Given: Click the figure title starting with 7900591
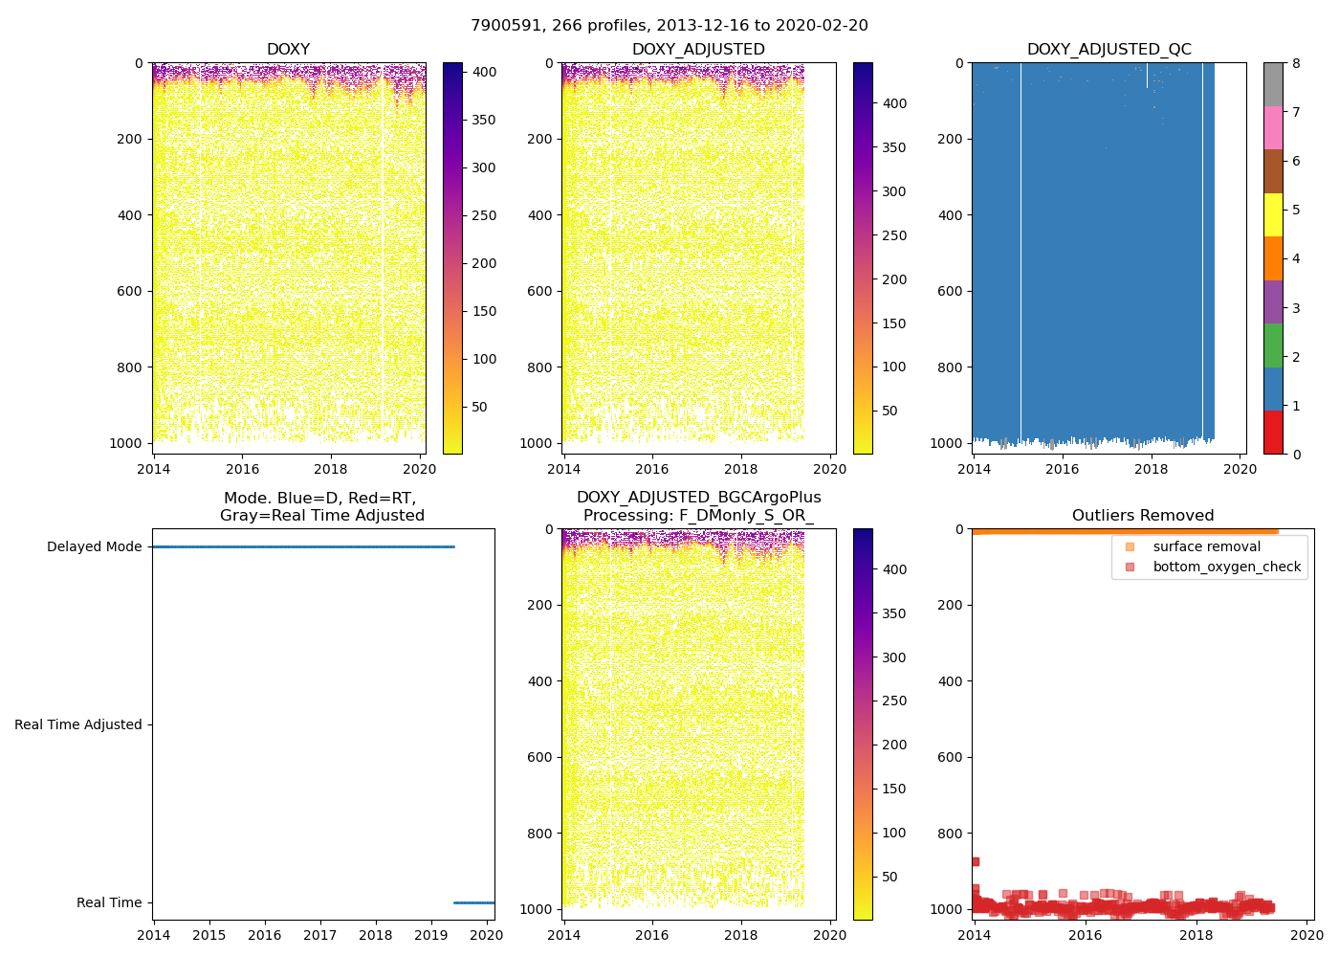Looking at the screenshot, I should [x=669, y=26].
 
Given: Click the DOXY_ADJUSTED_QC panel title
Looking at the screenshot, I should [x=1109, y=50].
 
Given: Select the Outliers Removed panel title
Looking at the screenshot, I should [x=1142, y=516].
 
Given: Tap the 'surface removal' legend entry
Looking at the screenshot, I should [x=1206, y=547].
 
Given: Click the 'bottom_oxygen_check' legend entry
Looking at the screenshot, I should [x=1226, y=568].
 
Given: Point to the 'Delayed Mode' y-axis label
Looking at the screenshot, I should [x=94, y=547].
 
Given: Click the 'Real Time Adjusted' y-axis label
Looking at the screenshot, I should [x=78, y=725].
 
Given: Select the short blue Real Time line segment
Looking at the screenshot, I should [x=473, y=902].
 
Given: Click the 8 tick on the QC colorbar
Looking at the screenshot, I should [x=1296, y=63].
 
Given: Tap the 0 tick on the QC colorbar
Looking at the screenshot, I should [x=1296, y=455].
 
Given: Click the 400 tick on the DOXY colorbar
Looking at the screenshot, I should [x=485, y=72].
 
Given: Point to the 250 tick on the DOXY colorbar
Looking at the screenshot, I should [x=485, y=215].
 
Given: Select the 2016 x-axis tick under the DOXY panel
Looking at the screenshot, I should [x=242, y=469].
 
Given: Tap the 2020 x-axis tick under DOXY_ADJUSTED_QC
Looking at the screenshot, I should [x=1240, y=469].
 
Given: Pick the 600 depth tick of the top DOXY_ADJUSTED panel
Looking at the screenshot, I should [x=540, y=291].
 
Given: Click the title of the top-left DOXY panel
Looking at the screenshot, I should [x=288, y=50].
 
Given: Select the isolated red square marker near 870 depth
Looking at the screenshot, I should [x=975, y=862].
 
